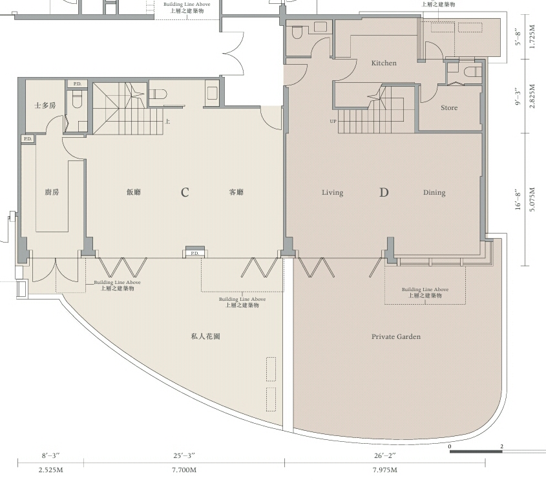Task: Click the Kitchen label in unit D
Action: [x=384, y=63]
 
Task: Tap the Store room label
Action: [x=449, y=108]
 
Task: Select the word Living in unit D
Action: [x=333, y=192]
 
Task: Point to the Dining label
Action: [x=434, y=192]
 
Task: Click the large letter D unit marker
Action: [x=384, y=192]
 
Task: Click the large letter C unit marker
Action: [x=185, y=192]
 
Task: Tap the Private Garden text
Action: [x=396, y=337]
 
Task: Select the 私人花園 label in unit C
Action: [x=205, y=336]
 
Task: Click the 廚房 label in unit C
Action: [x=52, y=191]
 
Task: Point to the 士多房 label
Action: [x=45, y=105]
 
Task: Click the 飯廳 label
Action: [x=134, y=191]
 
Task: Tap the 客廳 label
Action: [x=236, y=191]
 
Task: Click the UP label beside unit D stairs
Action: [x=333, y=122]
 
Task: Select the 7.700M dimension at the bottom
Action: [x=184, y=470]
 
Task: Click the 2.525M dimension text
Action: [x=51, y=470]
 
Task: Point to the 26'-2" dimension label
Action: [x=384, y=455]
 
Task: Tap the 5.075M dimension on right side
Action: [x=532, y=200]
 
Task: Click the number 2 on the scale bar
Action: [x=502, y=446]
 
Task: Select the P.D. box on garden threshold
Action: [x=195, y=254]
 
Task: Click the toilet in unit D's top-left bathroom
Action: [x=297, y=33]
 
